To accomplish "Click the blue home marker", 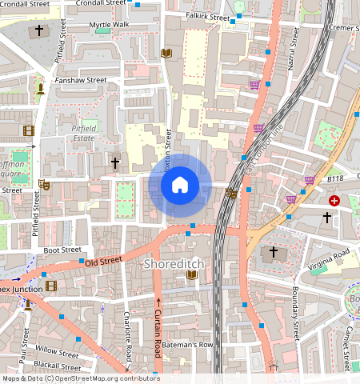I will pos(180,186).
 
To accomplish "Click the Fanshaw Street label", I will pos(80,80).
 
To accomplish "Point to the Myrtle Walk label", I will pos(109,25).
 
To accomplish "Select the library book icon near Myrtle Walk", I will pos(166,54).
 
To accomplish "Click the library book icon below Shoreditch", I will pos(191,275).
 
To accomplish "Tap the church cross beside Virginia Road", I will pos(273,252).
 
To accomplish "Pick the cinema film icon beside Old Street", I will pos(51,285).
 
